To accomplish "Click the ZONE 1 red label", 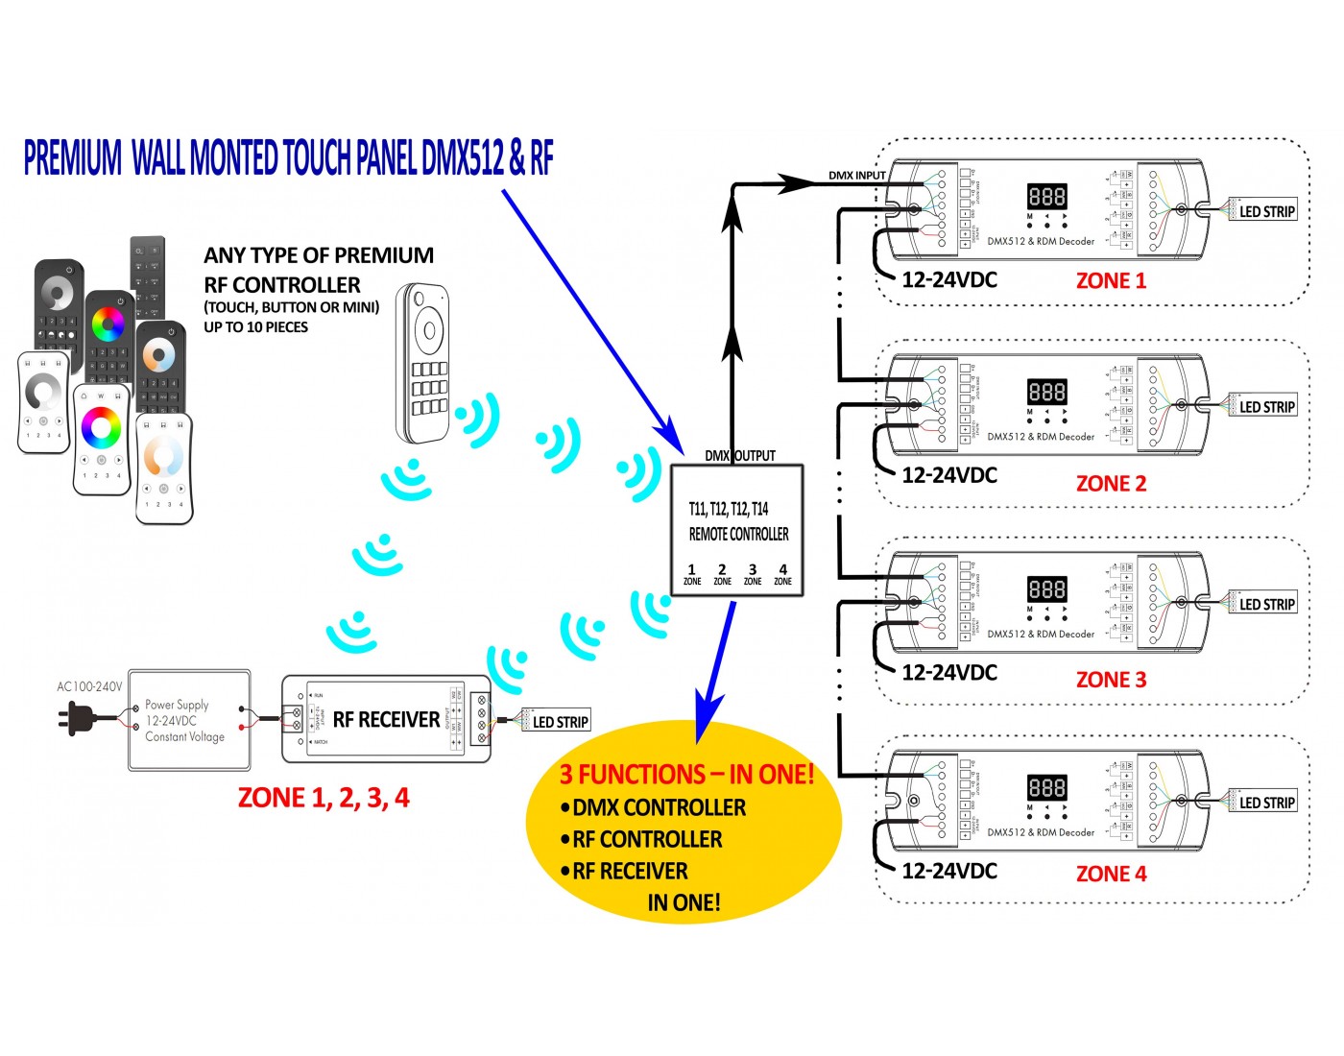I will (1111, 280).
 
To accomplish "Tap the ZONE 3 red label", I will (1111, 680).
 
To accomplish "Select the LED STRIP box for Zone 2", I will (1266, 407).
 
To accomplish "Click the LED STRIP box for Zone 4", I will (1266, 803).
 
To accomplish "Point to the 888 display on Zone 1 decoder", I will (1046, 197).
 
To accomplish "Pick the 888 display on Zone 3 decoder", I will (1046, 589).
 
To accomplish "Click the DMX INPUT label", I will (856, 176).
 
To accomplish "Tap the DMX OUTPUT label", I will (739, 456).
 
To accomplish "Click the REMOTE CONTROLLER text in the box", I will (738, 534).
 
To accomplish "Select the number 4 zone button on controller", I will (783, 573).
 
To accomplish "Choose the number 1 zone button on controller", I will (692, 573).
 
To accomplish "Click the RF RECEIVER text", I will (386, 720).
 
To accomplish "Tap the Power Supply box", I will (189, 720).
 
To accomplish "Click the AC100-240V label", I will (89, 686).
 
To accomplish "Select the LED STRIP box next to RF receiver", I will (561, 722).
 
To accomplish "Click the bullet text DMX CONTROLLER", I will (659, 807).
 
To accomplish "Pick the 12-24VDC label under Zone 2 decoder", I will (949, 475).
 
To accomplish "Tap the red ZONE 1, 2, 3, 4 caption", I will (324, 798).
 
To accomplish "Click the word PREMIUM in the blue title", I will (73, 158).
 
